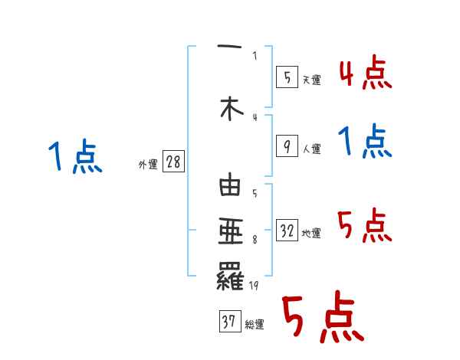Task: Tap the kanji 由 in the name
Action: click(x=230, y=187)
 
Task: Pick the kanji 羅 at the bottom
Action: click(x=230, y=275)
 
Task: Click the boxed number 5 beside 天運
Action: click(x=285, y=77)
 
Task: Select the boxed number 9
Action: click(x=285, y=146)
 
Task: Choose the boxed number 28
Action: click(x=173, y=163)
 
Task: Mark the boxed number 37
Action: click(x=229, y=322)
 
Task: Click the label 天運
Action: click(x=311, y=80)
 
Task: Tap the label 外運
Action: click(x=147, y=165)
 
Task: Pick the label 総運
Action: click(x=255, y=324)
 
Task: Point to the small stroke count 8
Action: click(x=254, y=240)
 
